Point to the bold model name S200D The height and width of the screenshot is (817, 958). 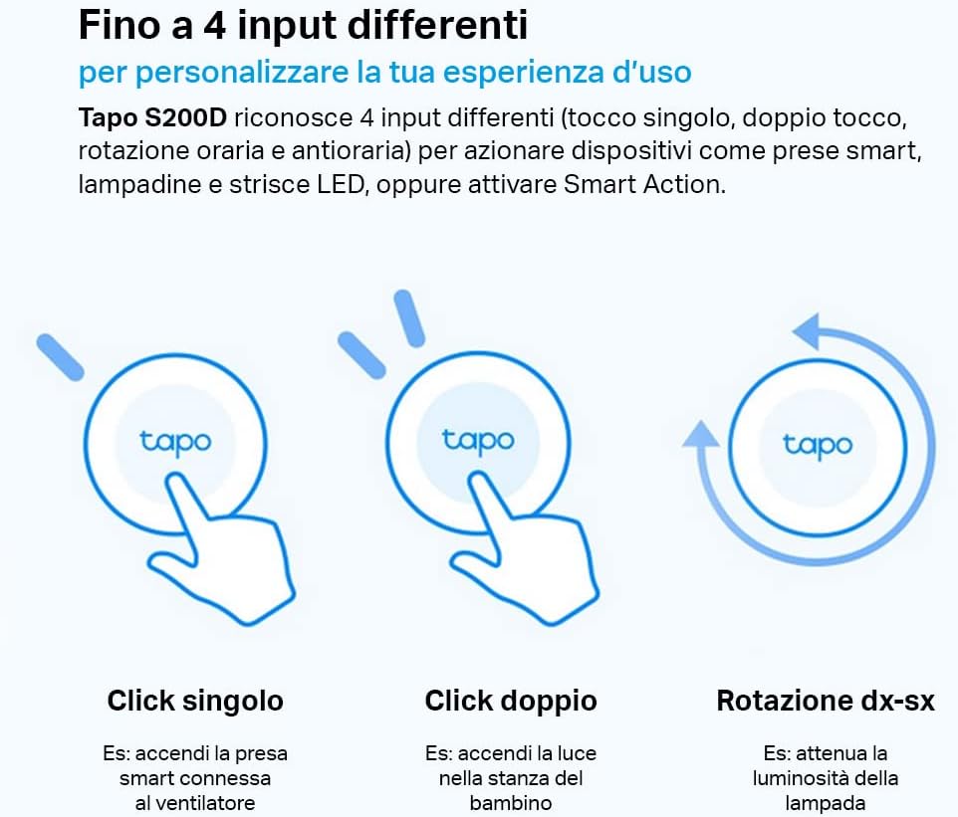coord(183,118)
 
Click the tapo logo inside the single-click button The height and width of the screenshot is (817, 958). coord(175,442)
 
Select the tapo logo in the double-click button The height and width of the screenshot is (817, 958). coord(478,439)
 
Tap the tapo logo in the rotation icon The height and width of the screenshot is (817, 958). coord(818,444)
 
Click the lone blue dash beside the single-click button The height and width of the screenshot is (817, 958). coord(59,357)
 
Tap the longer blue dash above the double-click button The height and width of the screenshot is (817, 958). coord(408,318)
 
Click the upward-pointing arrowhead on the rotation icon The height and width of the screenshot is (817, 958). coord(702,436)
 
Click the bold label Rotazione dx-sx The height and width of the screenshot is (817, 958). coord(825,701)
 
